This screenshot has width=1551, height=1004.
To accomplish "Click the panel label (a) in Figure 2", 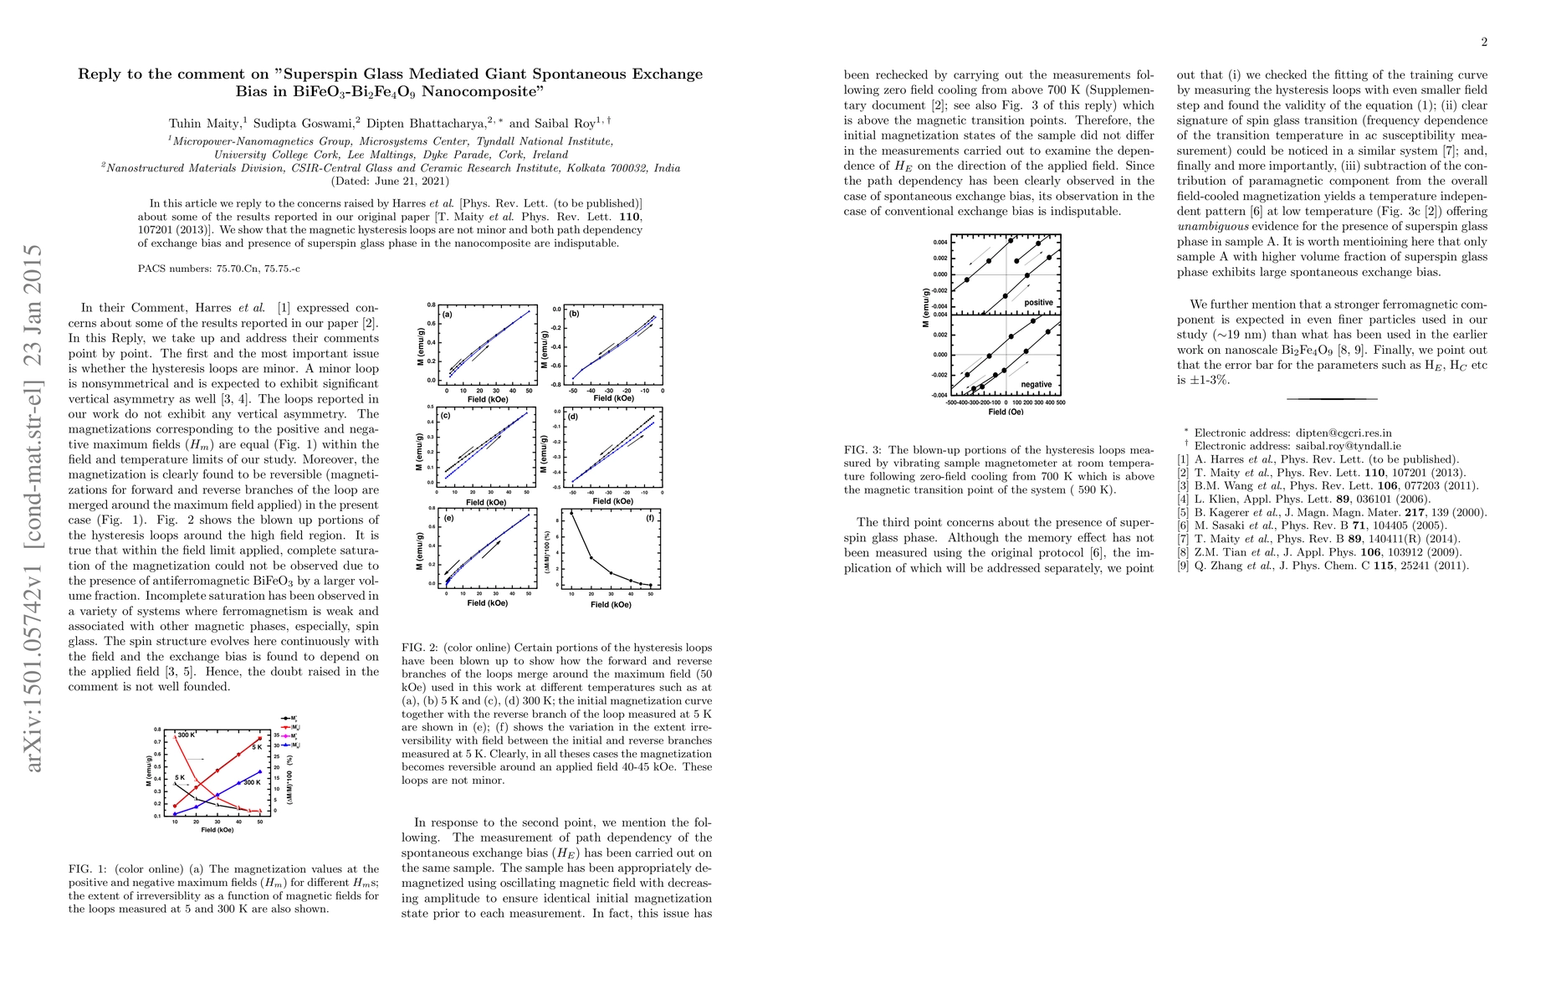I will tap(448, 315).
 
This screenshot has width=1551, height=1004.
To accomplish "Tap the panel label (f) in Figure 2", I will tap(650, 518).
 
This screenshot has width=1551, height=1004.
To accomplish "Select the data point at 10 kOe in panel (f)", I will tap(571, 513).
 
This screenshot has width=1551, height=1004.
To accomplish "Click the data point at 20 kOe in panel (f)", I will tap(591, 558).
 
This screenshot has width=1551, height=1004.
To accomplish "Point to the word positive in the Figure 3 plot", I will tap(1038, 302).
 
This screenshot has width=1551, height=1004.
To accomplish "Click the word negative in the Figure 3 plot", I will tap(1037, 384).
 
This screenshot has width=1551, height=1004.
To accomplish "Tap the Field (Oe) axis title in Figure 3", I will tap(1006, 412).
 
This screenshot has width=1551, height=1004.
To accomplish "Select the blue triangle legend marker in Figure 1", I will tap(286, 744).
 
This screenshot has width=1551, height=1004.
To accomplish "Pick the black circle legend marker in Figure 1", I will tap(286, 718).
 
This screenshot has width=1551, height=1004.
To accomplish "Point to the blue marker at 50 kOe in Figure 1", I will tap(260, 771).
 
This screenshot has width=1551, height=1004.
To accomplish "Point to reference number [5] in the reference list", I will tap(1183, 512).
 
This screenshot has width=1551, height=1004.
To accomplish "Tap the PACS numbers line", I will tap(218, 269).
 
